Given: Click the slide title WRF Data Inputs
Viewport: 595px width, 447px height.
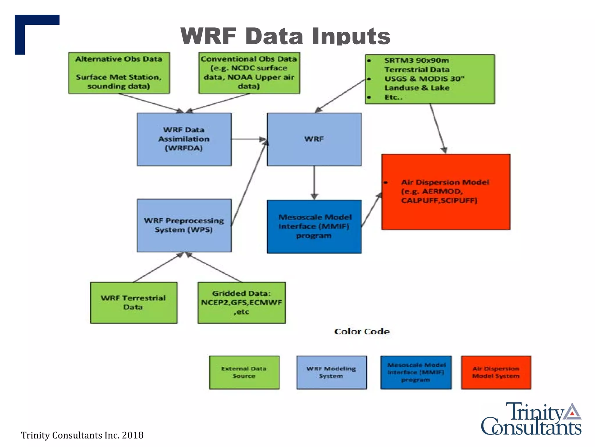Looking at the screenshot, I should tap(285, 36).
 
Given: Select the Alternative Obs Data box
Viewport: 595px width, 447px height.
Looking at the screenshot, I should tap(119, 73).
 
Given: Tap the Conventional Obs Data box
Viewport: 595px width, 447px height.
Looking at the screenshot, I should tap(249, 73).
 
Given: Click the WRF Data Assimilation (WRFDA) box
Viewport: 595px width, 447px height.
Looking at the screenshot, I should tap(184, 139).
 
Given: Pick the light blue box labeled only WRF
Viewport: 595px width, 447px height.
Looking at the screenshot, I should tap(314, 139).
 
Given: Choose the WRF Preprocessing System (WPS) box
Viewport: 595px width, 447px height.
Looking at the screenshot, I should tap(184, 225).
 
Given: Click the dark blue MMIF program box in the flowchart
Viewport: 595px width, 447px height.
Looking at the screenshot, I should tap(314, 226).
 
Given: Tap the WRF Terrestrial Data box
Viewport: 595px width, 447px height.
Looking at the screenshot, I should tap(133, 303).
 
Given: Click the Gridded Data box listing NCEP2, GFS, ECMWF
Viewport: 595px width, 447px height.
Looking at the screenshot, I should tap(241, 303).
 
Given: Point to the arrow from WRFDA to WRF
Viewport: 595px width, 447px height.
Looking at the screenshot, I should tap(248, 139).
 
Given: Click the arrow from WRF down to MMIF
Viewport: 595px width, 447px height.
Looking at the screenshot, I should tap(314, 182).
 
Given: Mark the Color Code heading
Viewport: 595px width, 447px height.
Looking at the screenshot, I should tap(362, 331).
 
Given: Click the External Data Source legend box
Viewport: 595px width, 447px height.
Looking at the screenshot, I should tap(244, 372).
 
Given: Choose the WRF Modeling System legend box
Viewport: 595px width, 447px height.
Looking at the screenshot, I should tap(331, 372).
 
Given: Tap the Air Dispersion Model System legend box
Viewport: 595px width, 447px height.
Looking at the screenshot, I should tap(496, 372).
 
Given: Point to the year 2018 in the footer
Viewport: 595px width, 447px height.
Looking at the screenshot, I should tap(132, 435).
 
